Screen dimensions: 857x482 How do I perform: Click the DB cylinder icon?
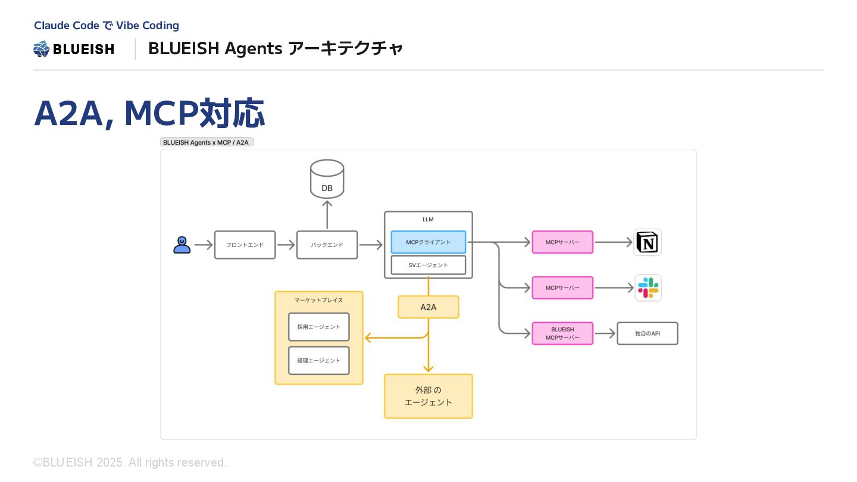click(x=327, y=179)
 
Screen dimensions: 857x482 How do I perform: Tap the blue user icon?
click(x=182, y=245)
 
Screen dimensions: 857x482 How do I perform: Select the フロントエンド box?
click(x=245, y=245)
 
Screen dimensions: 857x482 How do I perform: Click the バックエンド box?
click(x=327, y=245)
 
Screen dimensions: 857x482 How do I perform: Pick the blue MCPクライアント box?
click(x=428, y=242)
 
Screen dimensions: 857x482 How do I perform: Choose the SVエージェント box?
click(x=428, y=265)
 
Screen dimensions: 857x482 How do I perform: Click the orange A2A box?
click(x=428, y=307)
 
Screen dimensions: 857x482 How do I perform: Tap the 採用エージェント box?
click(x=319, y=327)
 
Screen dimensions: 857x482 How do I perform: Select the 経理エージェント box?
click(x=319, y=361)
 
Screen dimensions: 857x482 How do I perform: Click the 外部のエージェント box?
click(x=428, y=396)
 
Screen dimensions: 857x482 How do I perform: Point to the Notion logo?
click(x=648, y=242)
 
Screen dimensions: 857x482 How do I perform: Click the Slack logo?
click(x=648, y=287)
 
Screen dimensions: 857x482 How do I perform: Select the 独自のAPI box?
click(x=648, y=333)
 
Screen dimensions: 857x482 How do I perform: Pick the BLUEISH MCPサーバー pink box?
click(x=562, y=333)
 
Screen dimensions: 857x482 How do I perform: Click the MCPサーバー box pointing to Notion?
click(x=562, y=242)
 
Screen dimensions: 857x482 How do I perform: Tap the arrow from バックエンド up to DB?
click(x=327, y=215)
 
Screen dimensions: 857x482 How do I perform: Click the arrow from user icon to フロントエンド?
click(x=204, y=245)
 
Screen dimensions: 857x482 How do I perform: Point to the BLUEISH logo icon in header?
click(x=41, y=49)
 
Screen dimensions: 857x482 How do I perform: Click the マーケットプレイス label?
click(x=319, y=301)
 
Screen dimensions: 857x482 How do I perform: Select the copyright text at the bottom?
click(x=130, y=462)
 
